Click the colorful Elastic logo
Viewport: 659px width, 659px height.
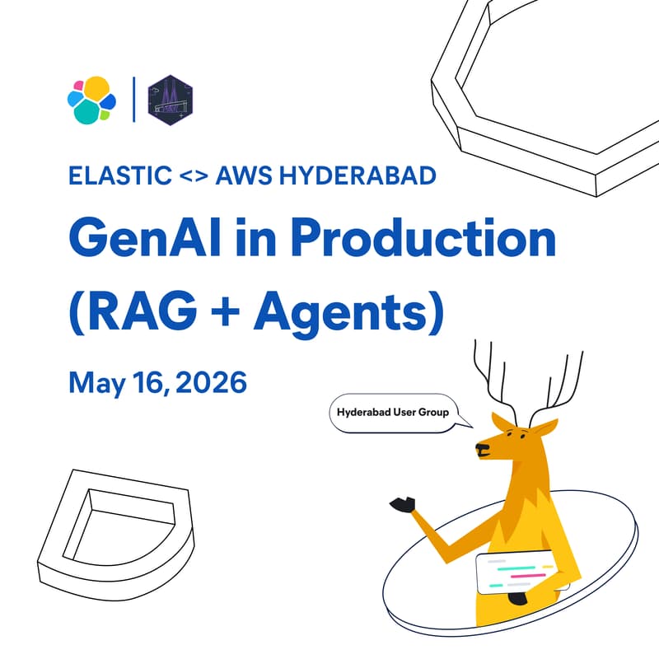coord(91,99)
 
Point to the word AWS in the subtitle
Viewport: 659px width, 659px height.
coord(242,176)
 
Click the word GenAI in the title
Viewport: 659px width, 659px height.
coord(141,240)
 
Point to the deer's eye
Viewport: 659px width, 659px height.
coord(500,432)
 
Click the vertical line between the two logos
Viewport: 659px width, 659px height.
coord(133,100)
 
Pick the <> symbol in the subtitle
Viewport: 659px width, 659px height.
coord(192,176)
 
